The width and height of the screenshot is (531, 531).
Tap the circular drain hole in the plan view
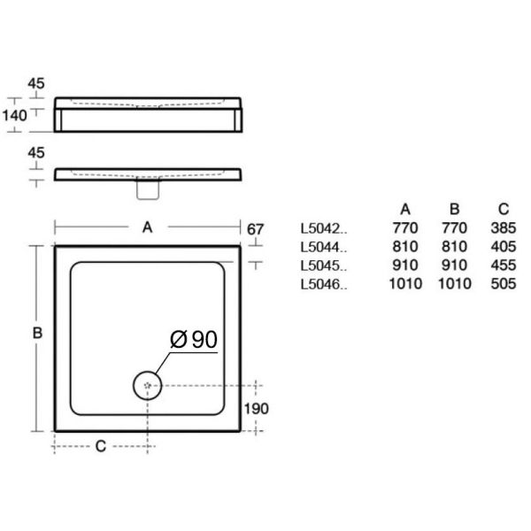click(147, 385)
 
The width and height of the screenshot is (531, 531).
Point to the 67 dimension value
click(255, 229)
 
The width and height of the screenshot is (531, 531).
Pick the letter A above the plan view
click(148, 227)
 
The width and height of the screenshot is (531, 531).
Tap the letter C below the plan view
click(100, 446)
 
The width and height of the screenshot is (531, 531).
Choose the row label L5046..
click(324, 284)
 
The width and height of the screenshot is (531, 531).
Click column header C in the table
click(503, 210)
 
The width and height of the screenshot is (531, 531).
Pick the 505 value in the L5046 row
click(502, 284)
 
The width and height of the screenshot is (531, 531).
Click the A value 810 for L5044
click(404, 247)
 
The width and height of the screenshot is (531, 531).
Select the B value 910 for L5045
click(453, 265)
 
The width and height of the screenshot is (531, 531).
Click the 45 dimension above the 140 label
click(36, 83)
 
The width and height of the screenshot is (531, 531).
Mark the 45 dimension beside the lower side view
click(36, 153)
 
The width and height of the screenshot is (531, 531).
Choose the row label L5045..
click(324, 265)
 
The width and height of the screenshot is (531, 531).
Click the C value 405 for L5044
click(502, 247)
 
